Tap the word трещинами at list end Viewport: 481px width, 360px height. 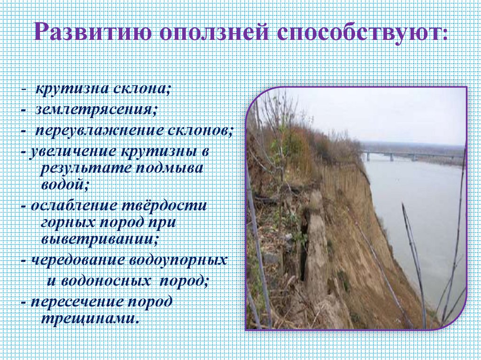[90, 319]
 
